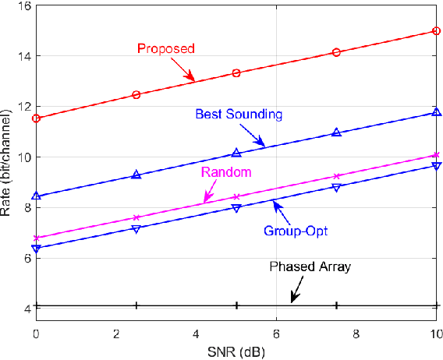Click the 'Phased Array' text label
click(x=310, y=266)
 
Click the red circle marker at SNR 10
click(x=435, y=31)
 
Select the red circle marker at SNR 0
click(x=36, y=118)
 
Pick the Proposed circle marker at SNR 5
click(x=236, y=73)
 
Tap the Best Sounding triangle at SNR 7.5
click(x=336, y=132)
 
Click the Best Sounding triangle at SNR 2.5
click(x=136, y=175)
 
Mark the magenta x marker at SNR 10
click(x=435, y=155)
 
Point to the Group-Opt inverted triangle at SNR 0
click(x=36, y=249)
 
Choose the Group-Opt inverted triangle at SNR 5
click(x=236, y=208)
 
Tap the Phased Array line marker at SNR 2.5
click(x=136, y=306)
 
